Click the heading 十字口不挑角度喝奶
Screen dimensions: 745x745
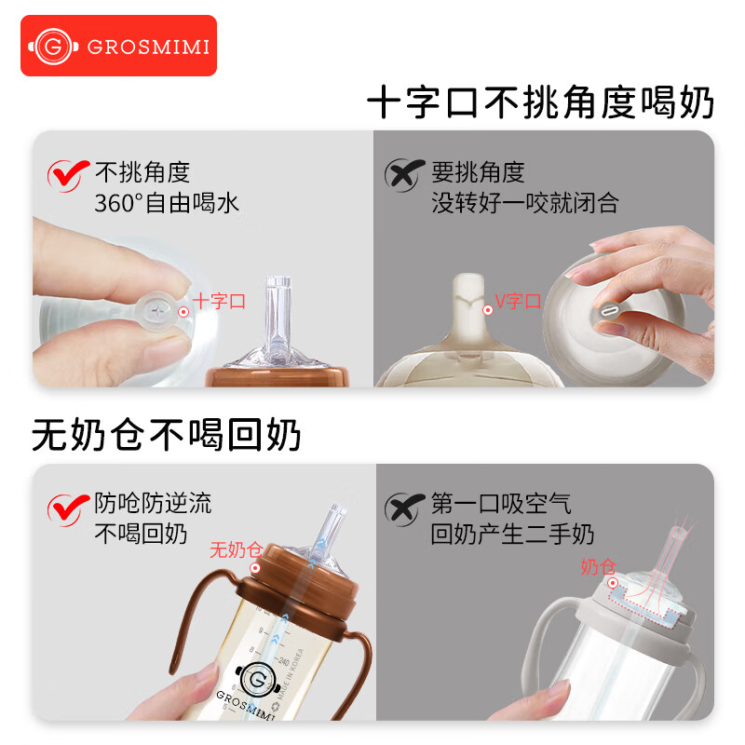(x=540, y=103)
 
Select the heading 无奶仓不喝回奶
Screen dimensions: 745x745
(x=167, y=434)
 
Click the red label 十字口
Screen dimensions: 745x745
(x=219, y=301)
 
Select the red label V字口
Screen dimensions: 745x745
(x=518, y=301)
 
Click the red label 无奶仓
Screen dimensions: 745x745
(x=235, y=549)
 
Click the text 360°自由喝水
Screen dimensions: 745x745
(x=167, y=202)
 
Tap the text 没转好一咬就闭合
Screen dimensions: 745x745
(x=524, y=202)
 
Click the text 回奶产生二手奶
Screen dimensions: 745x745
(x=512, y=535)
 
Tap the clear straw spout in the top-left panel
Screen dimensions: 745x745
(x=278, y=312)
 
